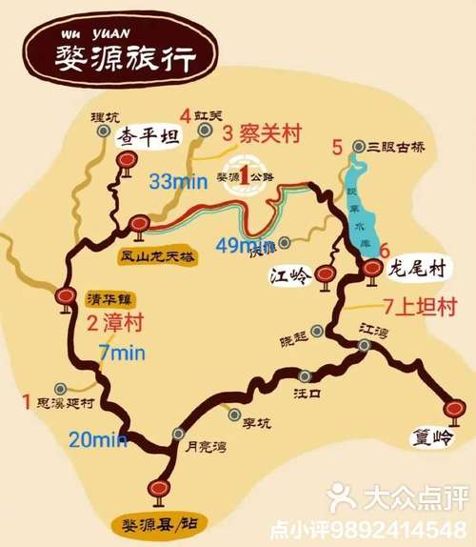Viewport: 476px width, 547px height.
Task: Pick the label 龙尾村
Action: [418, 268]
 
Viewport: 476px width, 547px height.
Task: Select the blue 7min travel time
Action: [122, 354]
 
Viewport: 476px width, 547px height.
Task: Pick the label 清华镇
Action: [106, 295]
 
